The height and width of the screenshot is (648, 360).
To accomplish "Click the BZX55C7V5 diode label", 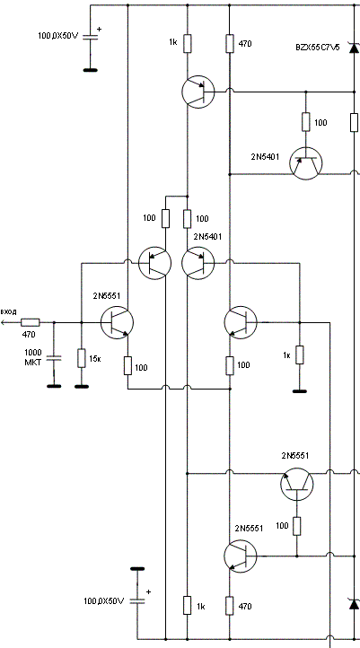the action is pyautogui.click(x=318, y=48).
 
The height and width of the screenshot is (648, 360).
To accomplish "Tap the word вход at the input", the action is pyautogui.click(x=8, y=311).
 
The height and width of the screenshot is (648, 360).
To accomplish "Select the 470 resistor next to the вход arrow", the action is pyautogui.click(x=31, y=322).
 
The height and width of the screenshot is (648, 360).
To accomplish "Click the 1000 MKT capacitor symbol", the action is pyautogui.click(x=54, y=358).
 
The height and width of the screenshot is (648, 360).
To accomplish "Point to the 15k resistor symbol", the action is pyautogui.click(x=82, y=358).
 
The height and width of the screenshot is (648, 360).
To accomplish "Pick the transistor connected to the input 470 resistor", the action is pyautogui.click(x=117, y=322).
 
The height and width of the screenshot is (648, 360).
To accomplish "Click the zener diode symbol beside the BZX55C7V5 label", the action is pyautogui.click(x=354, y=48).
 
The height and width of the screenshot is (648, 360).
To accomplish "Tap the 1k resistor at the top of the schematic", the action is pyautogui.click(x=188, y=43).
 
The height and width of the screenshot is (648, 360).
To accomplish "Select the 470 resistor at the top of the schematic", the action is pyautogui.click(x=230, y=43).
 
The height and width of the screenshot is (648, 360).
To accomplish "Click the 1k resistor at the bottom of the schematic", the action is pyautogui.click(x=188, y=606).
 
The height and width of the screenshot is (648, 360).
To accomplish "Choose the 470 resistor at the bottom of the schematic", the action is pyautogui.click(x=230, y=606).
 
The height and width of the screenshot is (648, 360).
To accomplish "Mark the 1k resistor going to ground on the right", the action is pyautogui.click(x=300, y=355).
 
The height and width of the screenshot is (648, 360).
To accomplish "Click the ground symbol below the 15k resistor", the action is pyautogui.click(x=82, y=387).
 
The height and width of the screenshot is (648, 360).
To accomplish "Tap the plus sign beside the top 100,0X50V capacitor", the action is pyautogui.click(x=99, y=30).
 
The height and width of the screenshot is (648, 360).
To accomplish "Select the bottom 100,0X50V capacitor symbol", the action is pyautogui.click(x=137, y=601).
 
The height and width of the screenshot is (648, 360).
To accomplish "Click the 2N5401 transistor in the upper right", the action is pyautogui.click(x=306, y=163).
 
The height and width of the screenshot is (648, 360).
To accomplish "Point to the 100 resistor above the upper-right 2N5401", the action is pyautogui.click(x=306, y=122).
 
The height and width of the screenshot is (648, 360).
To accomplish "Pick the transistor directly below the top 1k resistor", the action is pyautogui.click(x=198, y=92).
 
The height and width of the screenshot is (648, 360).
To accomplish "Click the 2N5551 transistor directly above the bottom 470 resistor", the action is pyautogui.click(x=241, y=556).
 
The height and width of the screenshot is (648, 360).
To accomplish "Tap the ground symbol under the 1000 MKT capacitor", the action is pyautogui.click(x=54, y=387).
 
